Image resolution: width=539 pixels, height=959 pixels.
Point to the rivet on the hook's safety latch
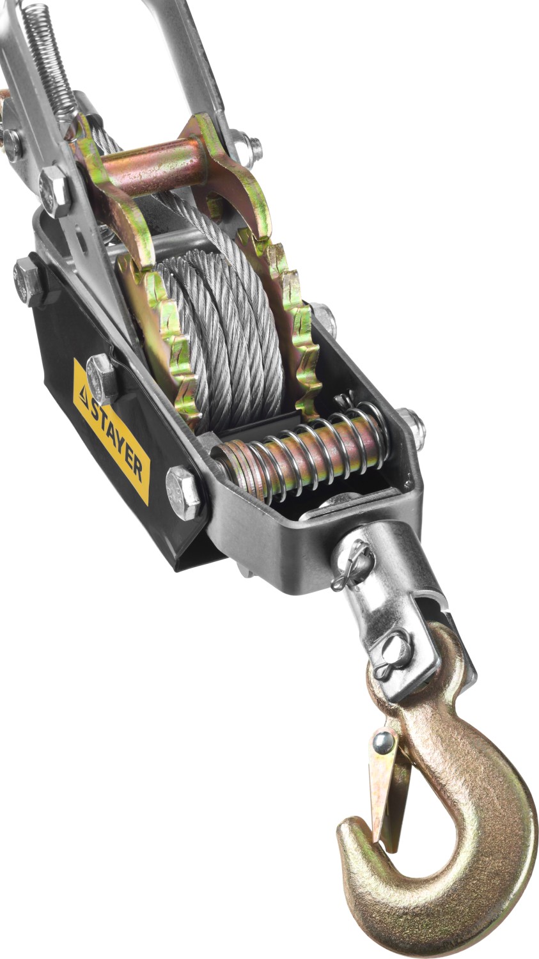coord(384,742)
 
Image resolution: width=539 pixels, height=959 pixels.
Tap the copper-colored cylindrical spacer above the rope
coord(153,168)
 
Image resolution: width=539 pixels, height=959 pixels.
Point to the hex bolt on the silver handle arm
coord(54,188)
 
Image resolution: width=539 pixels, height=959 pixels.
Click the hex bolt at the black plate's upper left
coord(27,281)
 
